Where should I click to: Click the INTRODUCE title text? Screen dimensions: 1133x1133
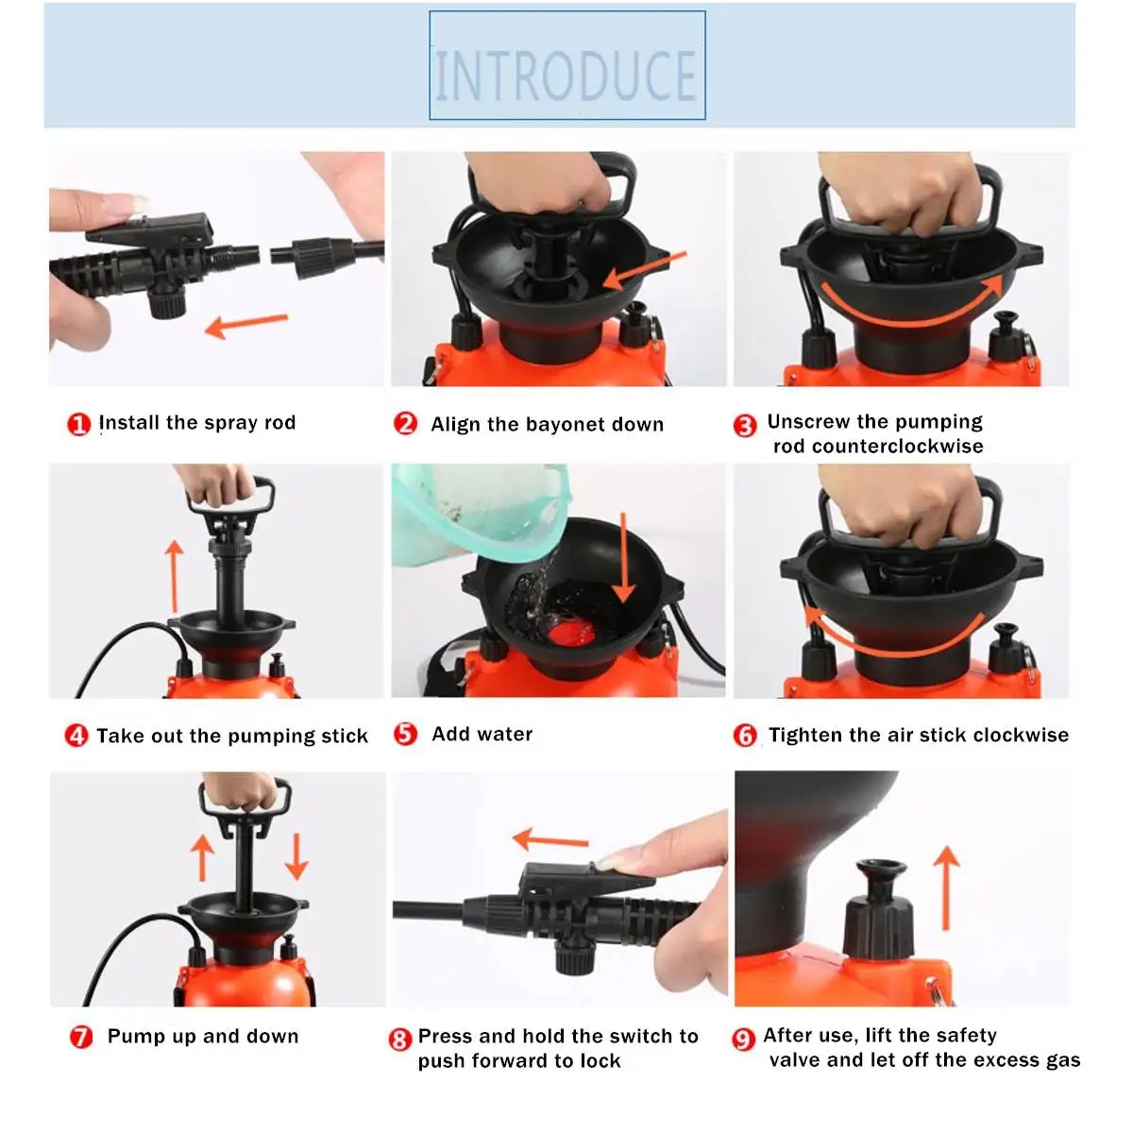[566, 76]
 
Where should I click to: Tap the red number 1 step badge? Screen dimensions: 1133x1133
[78, 424]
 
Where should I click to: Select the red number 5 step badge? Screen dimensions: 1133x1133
[405, 734]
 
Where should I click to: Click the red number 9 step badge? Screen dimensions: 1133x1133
[744, 1039]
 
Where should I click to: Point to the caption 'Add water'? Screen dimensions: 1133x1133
[482, 734]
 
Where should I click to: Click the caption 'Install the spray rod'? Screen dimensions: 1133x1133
[196, 423]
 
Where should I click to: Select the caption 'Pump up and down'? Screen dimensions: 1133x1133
[203, 1036]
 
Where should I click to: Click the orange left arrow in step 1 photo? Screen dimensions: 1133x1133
[245, 325]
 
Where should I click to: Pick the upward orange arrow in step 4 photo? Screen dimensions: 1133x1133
[174, 575]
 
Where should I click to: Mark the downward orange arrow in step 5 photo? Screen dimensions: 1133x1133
[623, 558]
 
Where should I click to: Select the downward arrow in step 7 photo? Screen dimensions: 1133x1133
[296, 854]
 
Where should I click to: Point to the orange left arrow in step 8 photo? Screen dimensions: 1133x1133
[550, 839]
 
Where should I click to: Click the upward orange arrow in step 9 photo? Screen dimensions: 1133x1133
[946, 887]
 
